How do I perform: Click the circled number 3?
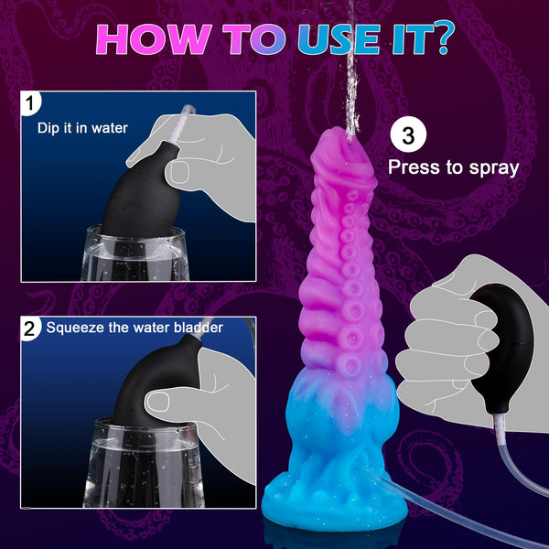[408, 136]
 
